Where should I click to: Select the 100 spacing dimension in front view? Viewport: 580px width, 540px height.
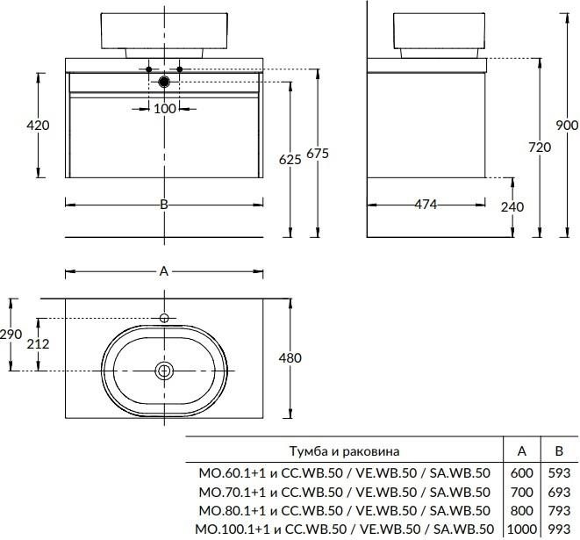pyautogui.click(x=164, y=108)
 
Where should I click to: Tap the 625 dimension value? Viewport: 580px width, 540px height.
pyautogui.click(x=290, y=159)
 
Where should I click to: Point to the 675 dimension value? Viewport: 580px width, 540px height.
pyautogui.click(x=318, y=154)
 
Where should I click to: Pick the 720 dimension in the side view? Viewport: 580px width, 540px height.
pyautogui.click(x=540, y=148)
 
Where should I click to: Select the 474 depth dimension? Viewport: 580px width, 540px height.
pyautogui.click(x=426, y=205)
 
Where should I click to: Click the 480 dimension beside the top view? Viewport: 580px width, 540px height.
pyautogui.click(x=290, y=357)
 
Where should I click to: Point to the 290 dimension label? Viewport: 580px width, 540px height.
pyautogui.click(x=11, y=335)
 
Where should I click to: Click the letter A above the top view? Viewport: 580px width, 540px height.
pyautogui.click(x=163, y=271)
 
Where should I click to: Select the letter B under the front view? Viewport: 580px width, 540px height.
pyautogui.click(x=163, y=205)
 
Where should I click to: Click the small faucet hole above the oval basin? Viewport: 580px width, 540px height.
pyautogui.click(x=164, y=317)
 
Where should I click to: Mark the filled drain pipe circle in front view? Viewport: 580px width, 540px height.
pyautogui.click(x=164, y=82)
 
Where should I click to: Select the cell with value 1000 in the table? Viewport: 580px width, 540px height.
pyautogui.click(x=521, y=529)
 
